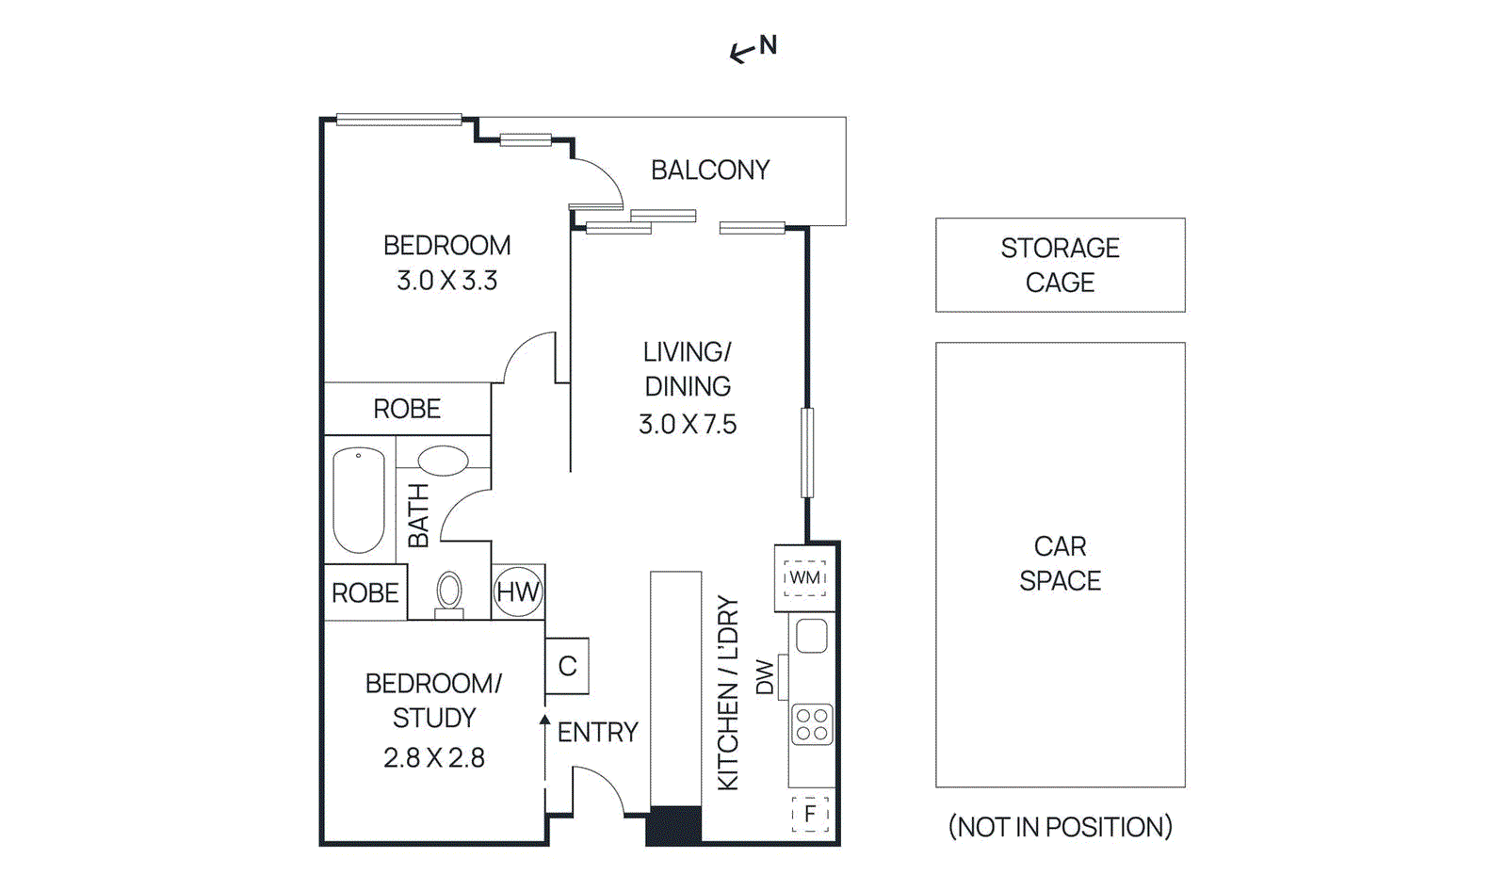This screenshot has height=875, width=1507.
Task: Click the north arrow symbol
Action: point(741,53)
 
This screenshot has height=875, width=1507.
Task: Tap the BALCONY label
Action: point(710,170)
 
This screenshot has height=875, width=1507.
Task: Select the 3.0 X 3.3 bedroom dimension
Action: point(446,281)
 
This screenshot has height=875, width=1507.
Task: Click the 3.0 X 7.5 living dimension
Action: point(688,425)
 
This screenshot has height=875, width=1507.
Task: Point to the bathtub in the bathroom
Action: point(359,500)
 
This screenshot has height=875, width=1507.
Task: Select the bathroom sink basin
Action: point(443,462)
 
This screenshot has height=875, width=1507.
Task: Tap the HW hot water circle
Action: point(518,592)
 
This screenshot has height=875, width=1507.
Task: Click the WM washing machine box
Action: point(804,577)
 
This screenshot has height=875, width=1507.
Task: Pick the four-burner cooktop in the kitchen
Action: point(812,724)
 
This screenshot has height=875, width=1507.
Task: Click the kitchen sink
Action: point(812,636)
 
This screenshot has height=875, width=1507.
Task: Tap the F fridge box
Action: point(810,814)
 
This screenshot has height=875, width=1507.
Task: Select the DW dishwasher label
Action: point(765,677)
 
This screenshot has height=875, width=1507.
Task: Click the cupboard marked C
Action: point(567,666)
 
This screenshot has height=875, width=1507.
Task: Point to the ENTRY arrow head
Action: point(544,720)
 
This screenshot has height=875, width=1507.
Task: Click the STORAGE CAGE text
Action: point(1060,265)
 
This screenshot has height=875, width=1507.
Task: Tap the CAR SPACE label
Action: point(1060,563)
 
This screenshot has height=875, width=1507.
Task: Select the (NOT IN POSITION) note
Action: point(1060,827)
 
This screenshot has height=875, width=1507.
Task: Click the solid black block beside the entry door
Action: point(673,825)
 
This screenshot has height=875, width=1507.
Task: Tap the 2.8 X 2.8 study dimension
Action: point(434,758)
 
